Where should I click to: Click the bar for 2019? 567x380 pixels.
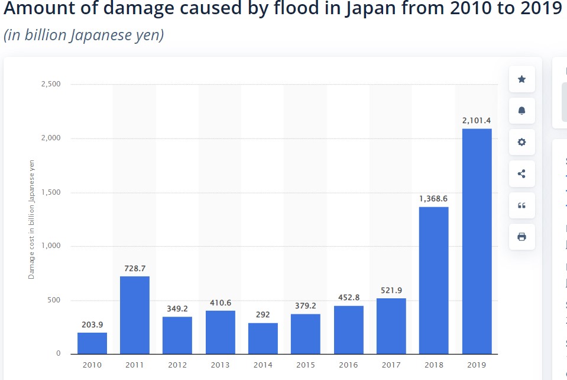[x=477, y=241]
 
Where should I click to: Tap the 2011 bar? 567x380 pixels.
[x=135, y=315]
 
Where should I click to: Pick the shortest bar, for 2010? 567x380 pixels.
[x=92, y=343]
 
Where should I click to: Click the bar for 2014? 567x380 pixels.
[x=263, y=339]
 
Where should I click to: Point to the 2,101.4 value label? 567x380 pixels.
[x=477, y=121]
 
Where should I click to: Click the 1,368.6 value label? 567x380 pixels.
[x=434, y=199]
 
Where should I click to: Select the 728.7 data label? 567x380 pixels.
[x=135, y=268]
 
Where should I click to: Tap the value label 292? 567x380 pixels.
[x=263, y=315]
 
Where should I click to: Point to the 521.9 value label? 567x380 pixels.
[x=391, y=290]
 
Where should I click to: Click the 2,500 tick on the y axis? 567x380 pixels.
[x=51, y=84]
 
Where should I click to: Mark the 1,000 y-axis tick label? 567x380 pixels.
[x=51, y=246]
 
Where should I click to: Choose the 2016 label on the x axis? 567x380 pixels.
[x=348, y=365]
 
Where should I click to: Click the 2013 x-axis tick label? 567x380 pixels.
[x=221, y=365]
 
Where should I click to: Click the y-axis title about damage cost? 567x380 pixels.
[x=32, y=220]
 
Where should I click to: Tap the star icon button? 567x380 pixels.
[x=521, y=79]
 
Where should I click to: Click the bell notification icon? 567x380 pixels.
[x=521, y=111]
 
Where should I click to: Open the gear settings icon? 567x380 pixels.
[x=521, y=142]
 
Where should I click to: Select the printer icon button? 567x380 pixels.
[x=521, y=237]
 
